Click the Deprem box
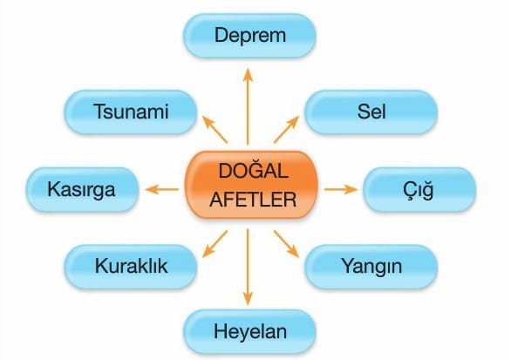[249, 36]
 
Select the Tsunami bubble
[130, 112]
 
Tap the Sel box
[371, 112]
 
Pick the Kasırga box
[82, 190]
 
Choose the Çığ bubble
[419, 190]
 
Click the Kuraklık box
[130, 267]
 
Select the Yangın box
[371, 267]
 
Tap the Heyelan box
[249, 331]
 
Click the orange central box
[251, 185]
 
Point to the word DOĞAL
[253, 171]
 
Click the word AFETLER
[253, 200]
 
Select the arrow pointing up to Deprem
[248, 106]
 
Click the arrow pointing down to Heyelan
[248, 267]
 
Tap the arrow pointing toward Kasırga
[162, 189]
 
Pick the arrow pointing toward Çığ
[341, 189]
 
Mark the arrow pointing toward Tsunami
[215, 130]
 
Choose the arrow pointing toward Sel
[287, 130]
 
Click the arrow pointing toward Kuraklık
[215, 244]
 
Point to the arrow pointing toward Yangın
[287, 244]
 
